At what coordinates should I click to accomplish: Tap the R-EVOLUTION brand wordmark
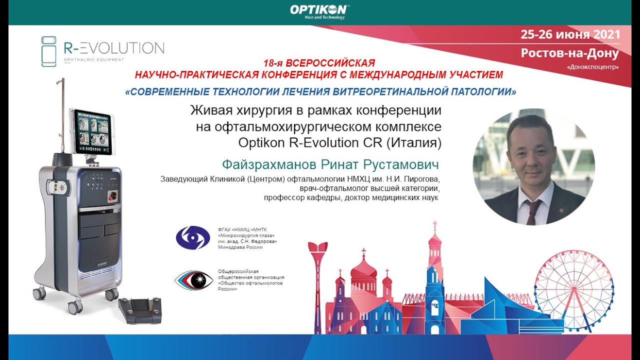[114, 48]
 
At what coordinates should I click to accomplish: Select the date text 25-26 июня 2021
[570, 34]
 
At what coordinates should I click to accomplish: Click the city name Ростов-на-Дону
[570, 52]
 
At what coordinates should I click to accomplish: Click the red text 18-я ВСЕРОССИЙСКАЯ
[319, 64]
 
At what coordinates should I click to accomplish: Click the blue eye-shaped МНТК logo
[192, 237]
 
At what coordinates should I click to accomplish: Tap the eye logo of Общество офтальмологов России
[194, 279]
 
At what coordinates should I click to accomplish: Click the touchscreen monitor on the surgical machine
[94, 132]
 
